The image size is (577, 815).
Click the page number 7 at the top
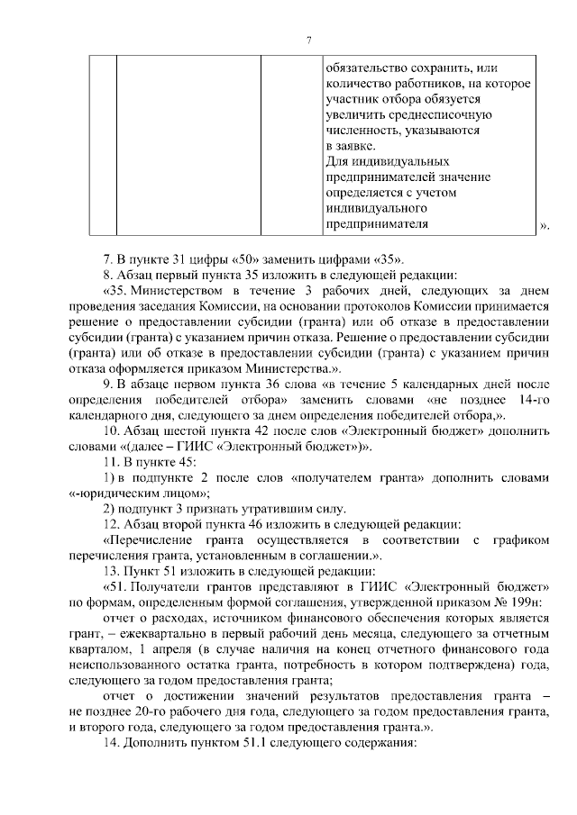pos(307,41)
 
